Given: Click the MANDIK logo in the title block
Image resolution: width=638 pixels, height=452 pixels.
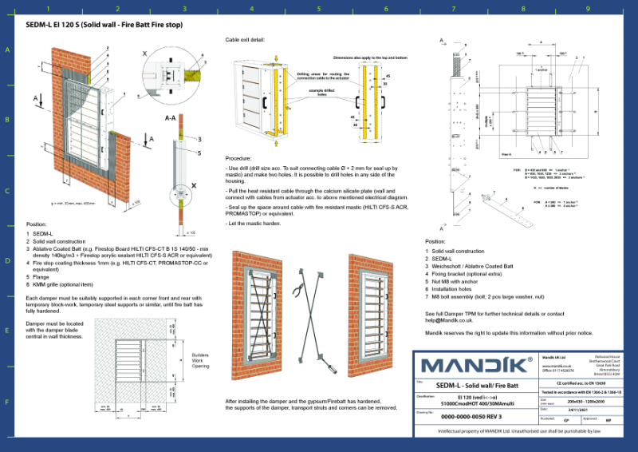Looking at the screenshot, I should coord(477,365).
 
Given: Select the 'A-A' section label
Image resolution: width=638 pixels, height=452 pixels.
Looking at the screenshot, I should coord(170,117).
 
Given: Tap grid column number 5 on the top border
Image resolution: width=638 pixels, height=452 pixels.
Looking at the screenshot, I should coord(319,10).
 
